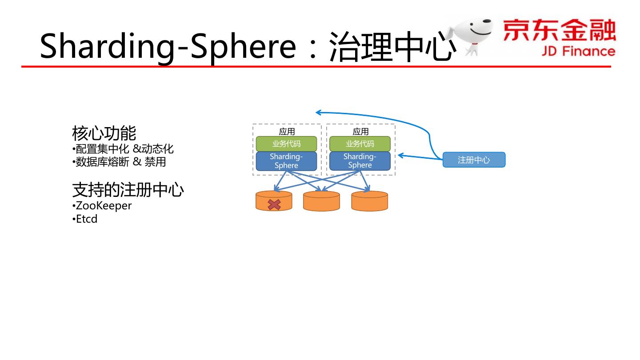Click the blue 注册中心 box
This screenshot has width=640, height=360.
(474, 160)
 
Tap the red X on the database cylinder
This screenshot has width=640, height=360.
(274, 204)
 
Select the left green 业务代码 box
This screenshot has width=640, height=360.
(286, 144)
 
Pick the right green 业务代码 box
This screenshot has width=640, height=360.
(360, 144)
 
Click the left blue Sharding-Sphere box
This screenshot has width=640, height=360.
(286, 161)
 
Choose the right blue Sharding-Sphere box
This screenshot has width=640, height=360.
(360, 161)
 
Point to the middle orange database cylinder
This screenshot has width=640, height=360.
(321, 201)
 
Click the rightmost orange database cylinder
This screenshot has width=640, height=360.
(369, 201)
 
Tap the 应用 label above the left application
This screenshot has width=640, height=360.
(287, 132)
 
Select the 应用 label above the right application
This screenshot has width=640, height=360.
(360, 132)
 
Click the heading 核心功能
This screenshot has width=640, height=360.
(104, 133)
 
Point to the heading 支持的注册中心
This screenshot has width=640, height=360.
(128, 190)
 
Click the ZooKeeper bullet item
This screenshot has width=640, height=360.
(104, 206)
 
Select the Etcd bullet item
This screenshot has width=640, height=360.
(86, 219)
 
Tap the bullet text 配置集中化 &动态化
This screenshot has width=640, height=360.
(124, 148)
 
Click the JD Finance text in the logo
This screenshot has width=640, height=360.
(578, 51)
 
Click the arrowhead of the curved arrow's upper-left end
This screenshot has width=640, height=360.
(318, 112)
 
